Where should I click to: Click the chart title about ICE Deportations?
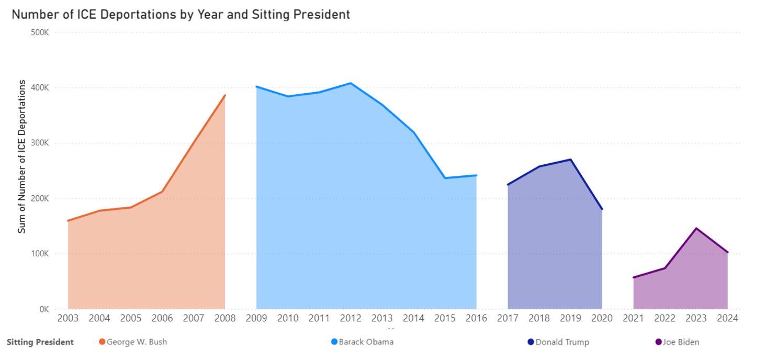click(x=181, y=15)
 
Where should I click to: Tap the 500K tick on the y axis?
click(x=40, y=32)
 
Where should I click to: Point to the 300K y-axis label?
click(x=40, y=143)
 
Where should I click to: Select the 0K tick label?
click(x=43, y=309)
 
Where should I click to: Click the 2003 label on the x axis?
click(x=68, y=318)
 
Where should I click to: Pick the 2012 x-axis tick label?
click(x=351, y=318)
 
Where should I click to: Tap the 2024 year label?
click(x=727, y=318)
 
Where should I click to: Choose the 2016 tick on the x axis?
click(x=476, y=318)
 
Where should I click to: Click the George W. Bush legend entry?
click(x=137, y=342)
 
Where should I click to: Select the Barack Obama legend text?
click(x=366, y=342)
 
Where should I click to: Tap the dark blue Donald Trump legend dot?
click(x=531, y=342)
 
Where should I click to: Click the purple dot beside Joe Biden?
click(x=659, y=342)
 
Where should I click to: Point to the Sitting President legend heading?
click(x=40, y=342)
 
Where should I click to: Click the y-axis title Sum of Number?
click(x=22, y=156)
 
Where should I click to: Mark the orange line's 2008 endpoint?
click(x=225, y=95)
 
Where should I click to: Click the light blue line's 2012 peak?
click(x=351, y=83)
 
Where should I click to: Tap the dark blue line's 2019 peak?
click(x=570, y=160)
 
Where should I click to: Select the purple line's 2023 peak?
click(x=696, y=228)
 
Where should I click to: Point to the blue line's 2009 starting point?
click(x=256, y=86)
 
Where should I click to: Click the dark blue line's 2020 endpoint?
click(x=602, y=209)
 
